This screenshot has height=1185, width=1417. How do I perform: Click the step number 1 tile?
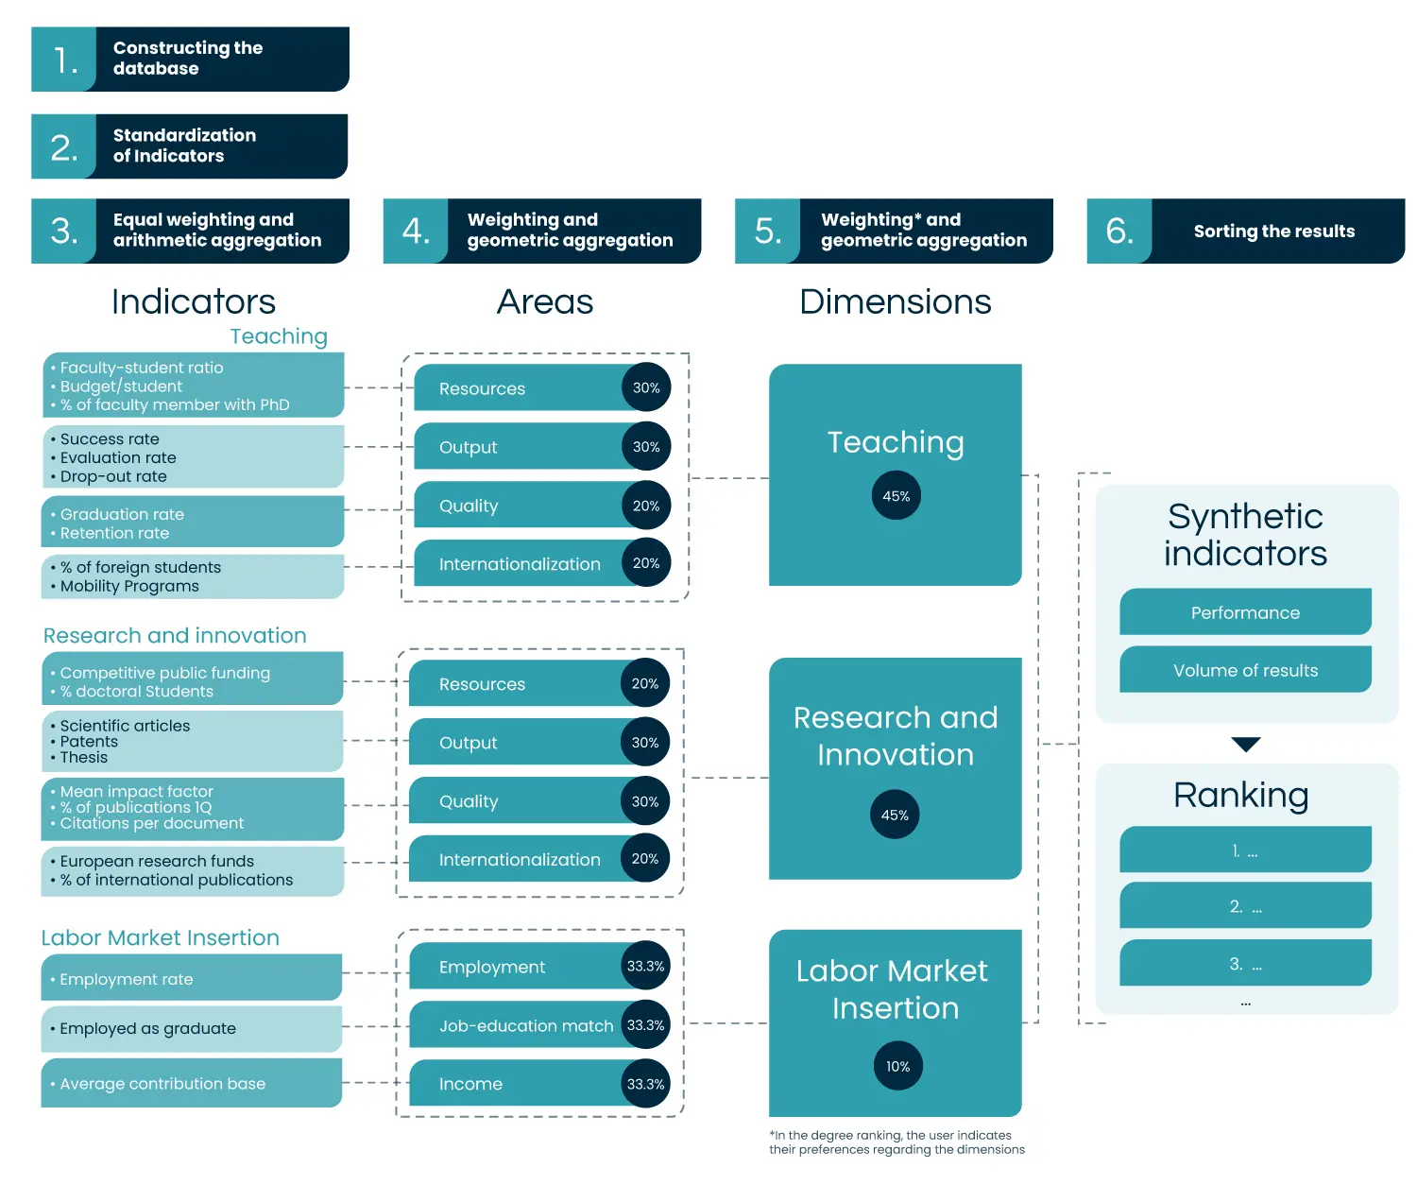(x=63, y=60)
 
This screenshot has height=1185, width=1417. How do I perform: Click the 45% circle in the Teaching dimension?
(x=896, y=496)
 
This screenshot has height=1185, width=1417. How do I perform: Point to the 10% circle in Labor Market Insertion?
(x=897, y=1066)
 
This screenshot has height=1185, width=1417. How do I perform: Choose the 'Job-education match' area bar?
(x=525, y=1025)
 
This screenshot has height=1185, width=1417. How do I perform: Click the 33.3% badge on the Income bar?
(x=646, y=1084)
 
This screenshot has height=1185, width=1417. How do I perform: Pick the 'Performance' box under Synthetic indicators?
(x=1245, y=612)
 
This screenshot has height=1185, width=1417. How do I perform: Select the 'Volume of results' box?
(x=1245, y=670)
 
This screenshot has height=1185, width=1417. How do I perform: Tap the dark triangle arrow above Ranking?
(x=1246, y=745)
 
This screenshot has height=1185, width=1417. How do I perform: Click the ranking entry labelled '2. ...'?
(x=1245, y=906)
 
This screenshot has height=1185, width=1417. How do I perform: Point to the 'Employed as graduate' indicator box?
(x=191, y=1028)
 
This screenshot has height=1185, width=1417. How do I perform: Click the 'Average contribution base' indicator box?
(x=191, y=1083)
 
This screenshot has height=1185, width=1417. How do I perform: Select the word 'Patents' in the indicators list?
(x=89, y=742)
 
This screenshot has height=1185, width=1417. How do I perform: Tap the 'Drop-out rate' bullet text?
(x=113, y=476)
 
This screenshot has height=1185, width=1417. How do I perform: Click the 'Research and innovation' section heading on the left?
(x=175, y=635)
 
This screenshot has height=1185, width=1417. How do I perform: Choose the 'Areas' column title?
(x=545, y=301)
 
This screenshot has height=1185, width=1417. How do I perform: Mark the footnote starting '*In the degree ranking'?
(x=896, y=1142)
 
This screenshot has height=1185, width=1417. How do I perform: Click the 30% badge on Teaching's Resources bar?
(x=646, y=387)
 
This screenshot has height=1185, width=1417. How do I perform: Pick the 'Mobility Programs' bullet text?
(x=129, y=586)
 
